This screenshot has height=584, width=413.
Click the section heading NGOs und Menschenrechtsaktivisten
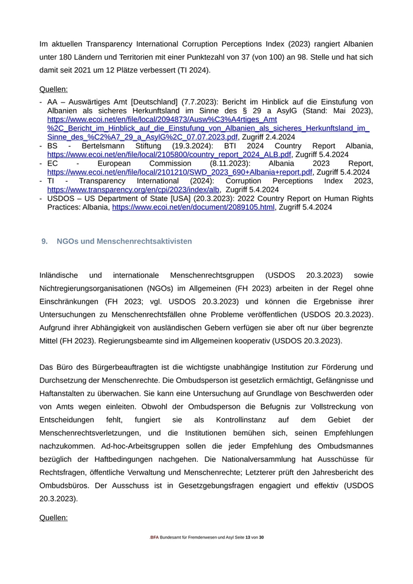pos(124,241)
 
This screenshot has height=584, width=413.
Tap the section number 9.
pos(44,241)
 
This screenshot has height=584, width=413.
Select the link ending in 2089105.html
pos(193,208)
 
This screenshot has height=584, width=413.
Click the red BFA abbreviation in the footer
pos(155,537)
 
